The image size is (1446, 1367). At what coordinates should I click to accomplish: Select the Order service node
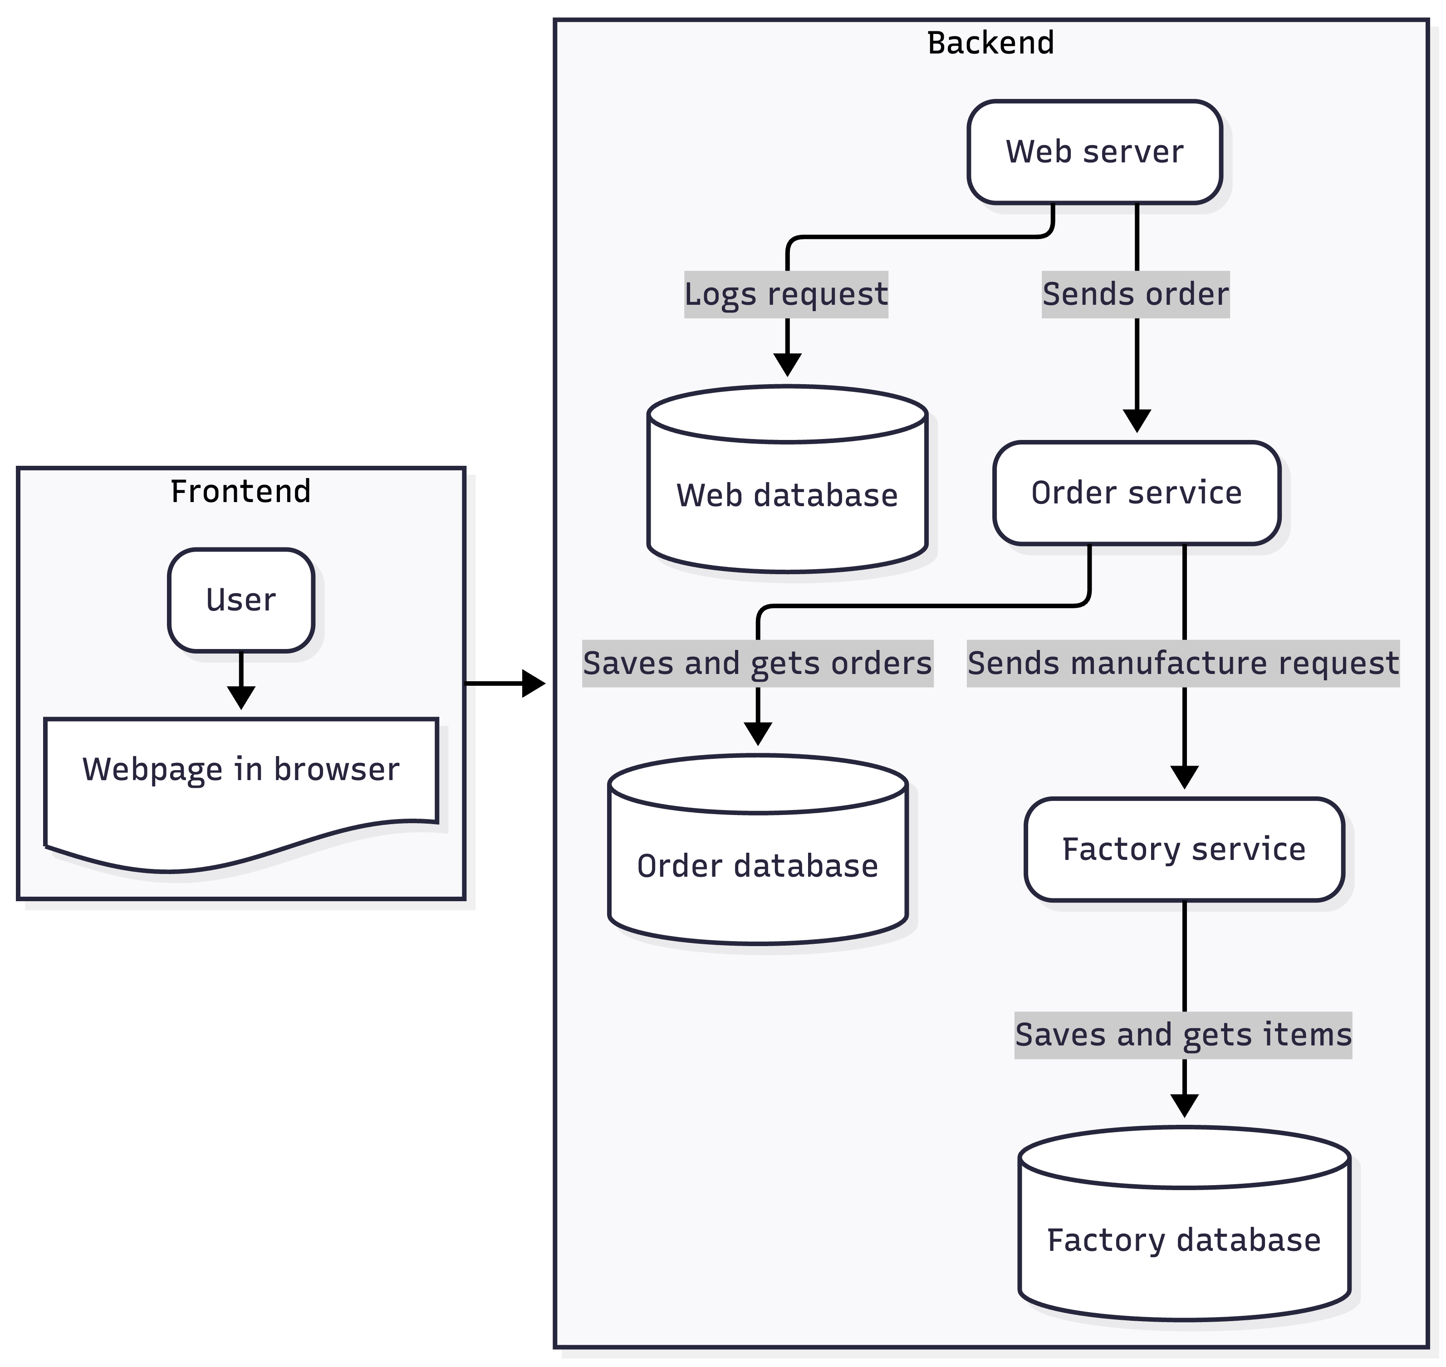coord(1136,493)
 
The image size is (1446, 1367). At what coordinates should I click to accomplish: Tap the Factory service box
coord(1184,849)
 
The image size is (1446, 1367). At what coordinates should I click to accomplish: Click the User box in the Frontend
coord(240,600)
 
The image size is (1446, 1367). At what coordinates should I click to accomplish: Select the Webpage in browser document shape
coord(240,780)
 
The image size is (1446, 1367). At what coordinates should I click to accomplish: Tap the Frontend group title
coord(240,491)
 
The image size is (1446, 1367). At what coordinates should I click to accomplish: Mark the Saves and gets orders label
coord(757,663)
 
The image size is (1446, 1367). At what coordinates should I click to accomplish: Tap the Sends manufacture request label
coord(1182,663)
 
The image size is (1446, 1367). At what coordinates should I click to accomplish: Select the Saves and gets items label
coord(1182,1035)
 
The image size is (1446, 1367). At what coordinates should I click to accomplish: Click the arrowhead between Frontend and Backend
coord(534,683)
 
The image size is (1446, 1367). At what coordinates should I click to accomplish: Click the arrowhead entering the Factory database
coord(1184,1105)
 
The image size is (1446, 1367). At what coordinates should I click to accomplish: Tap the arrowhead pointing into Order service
coord(1136,421)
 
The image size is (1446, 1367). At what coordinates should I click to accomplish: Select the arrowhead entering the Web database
coord(787,365)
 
